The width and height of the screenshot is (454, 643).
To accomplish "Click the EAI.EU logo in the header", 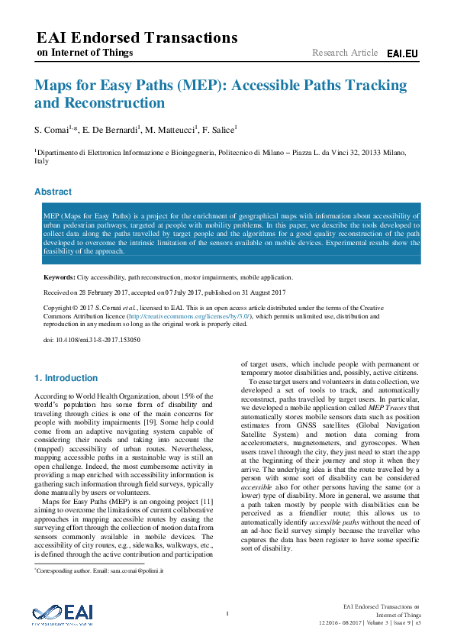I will (402, 53).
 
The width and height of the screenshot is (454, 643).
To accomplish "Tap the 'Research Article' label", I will (345, 53).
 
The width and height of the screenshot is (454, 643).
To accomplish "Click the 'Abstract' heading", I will (53, 192).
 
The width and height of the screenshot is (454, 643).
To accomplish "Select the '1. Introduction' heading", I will (66, 378).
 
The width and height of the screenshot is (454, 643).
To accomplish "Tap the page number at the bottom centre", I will (227, 613).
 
